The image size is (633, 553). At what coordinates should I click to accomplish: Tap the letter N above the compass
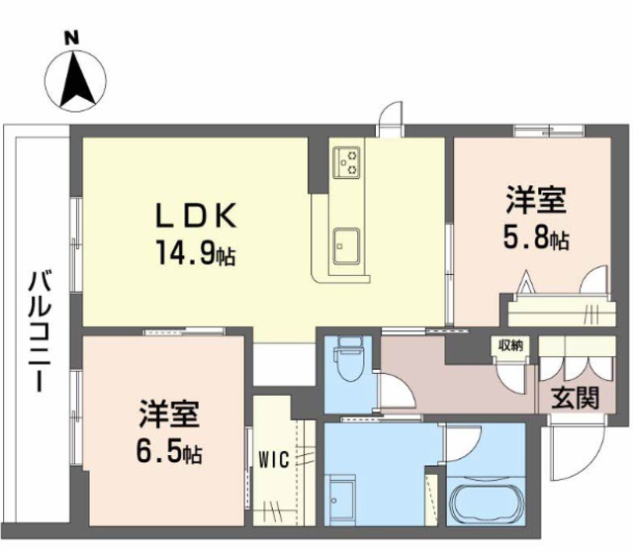[71, 38]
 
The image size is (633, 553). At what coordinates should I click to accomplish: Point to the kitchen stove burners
[347, 161]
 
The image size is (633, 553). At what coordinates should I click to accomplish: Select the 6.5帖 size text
[169, 453]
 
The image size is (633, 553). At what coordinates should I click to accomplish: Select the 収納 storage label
[511, 344]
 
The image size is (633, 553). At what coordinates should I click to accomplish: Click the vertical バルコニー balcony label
[37, 327]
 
